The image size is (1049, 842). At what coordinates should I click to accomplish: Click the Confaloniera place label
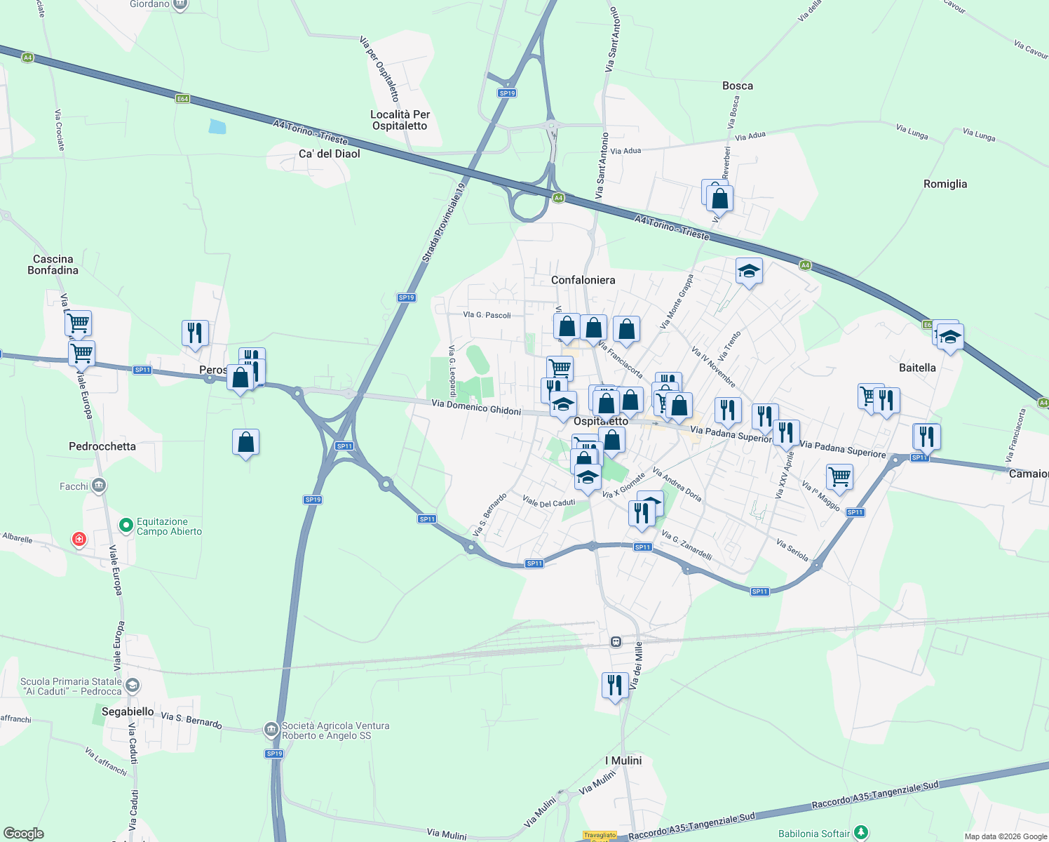(583, 280)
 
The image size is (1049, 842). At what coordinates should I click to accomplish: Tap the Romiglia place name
(945, 184)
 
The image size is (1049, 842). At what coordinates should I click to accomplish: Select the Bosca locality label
(738, 86)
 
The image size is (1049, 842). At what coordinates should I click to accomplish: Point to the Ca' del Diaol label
(329, 154)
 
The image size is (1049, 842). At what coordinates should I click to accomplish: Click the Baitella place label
(917, 368)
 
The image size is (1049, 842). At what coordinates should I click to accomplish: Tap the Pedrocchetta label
(102, 446)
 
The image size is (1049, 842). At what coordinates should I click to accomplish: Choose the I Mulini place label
(623, 761)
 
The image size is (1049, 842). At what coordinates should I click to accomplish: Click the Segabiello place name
(128, 711)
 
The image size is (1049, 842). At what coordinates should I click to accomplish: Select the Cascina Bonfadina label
(53, 265)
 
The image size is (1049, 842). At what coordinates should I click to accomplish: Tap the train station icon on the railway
(616, 641)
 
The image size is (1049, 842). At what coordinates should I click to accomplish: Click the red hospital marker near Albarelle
(79, 539)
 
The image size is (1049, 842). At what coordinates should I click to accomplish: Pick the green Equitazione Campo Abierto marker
(126, 525)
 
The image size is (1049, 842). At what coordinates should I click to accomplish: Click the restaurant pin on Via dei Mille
(615, 685)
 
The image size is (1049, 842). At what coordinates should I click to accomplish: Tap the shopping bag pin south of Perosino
(245, 442)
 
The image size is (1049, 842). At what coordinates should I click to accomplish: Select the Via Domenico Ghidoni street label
(476, 407)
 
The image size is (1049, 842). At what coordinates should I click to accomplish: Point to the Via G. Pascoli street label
(487, 315)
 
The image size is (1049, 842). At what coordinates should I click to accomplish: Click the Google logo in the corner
(23, 833)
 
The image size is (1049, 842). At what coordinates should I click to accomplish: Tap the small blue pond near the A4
(217, 126)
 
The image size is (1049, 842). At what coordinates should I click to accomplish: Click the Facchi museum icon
(98, 485)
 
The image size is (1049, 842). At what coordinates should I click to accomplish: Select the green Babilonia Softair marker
(861, 833)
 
